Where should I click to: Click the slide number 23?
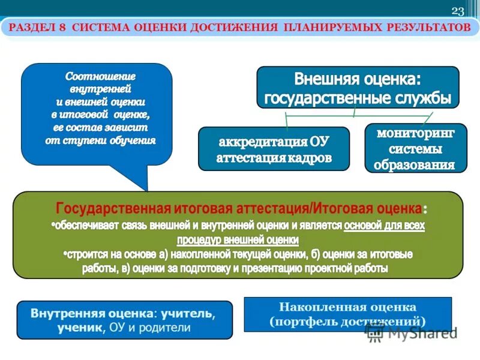pos(458,11)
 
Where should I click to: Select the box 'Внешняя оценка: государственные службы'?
pos(358,88)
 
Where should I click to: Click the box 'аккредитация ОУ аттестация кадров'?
pos(274,149)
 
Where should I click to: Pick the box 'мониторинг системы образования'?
pos(415,148)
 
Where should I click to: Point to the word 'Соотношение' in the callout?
pos(101,76)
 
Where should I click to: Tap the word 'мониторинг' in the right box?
pos(415,133)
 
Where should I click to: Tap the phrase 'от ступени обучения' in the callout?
pos(101,141)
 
